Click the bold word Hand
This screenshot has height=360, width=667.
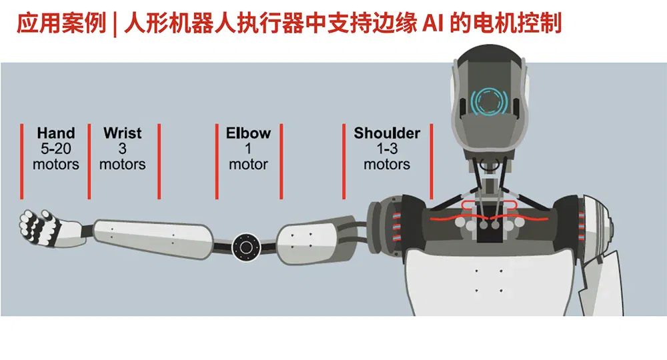coord(56,133)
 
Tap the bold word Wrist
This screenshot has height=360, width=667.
coord(123,133)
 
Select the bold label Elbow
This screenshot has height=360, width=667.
coord(248,133)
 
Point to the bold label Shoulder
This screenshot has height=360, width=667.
coord(387,133)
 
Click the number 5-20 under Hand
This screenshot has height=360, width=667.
coord(56,149)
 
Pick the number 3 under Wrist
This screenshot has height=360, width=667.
coord(123,149)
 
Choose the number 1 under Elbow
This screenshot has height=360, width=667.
coord(248,149)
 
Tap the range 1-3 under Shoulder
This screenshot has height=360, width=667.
coord(387,149)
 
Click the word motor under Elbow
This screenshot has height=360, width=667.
coord(248,165)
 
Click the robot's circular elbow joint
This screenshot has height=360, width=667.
coord(246,247)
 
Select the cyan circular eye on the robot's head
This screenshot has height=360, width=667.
coord(489,101)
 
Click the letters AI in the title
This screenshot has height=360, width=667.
coord(433,23)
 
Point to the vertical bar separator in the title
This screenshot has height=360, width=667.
coord(115,25)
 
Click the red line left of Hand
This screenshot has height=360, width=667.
coord(22,161)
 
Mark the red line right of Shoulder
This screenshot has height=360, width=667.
coord(432,161)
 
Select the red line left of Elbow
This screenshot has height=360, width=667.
coord(217,161)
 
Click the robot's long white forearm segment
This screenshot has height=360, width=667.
coord(153,239)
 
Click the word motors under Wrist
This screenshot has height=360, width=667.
coord(123,165)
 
